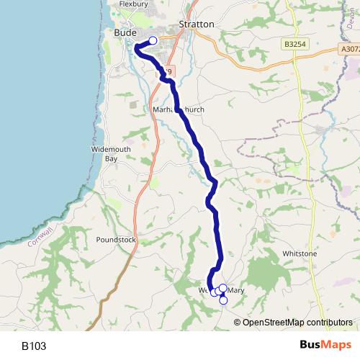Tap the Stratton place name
pos(197,24)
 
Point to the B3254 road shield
pos(295,44)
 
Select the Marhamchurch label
pos(179,109)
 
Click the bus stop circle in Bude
pos(153,41)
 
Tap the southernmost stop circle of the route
pos(223,300)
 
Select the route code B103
pos(34,346)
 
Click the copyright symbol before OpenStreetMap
pos(238,322)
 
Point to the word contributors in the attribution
pos(328,322)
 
